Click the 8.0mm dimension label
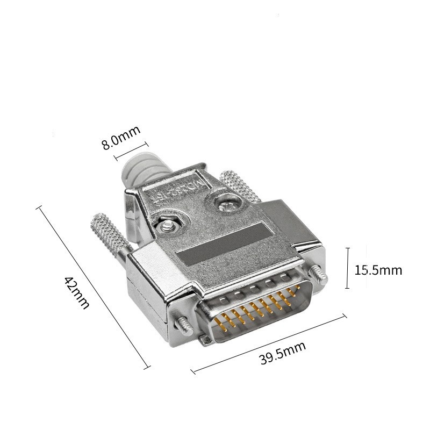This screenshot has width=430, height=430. pyautogui.click(x=121, y=138)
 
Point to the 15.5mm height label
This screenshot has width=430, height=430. pyautogui.click(x=378, y=270)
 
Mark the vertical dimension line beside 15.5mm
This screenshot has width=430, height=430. pyautogui.click(x=348, y=268)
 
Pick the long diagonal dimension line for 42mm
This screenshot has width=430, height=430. pyautogui.click(x=92, y=286)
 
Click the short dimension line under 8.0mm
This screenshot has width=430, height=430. pyautogui.click(x=131, y=152)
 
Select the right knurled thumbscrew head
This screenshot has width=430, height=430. pyautogui.click(x=239, y=185)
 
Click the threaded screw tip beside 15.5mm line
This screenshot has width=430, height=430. pyautogui.click(x=320, y=276)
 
